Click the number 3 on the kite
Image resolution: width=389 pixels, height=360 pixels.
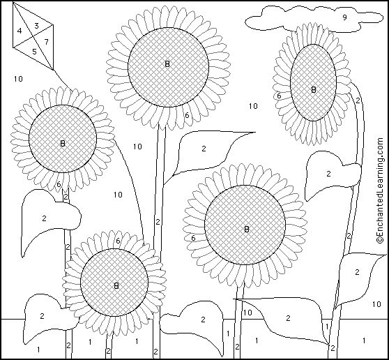click(x=36, y=26)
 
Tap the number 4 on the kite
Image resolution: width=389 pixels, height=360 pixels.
click(x=20, y=31)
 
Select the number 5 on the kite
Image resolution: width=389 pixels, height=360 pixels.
click(x=34, y=52)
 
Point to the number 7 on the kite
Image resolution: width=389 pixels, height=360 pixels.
click(x=47, y=42)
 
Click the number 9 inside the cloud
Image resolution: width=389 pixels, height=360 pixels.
click(x=344, y=17)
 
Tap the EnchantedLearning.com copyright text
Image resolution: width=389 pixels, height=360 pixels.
click(x=380, y=190)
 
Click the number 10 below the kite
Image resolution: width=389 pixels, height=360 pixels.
click(x=18, y=79)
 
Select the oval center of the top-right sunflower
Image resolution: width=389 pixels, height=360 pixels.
click(x=313, y=83)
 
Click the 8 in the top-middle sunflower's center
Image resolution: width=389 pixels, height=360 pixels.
click(x=167, y=64)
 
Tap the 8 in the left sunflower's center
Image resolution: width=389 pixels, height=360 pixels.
click(x=63, y=143)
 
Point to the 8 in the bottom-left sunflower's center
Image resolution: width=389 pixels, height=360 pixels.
click(x=116, y=286)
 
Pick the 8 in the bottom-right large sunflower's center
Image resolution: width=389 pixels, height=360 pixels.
click(x=246, y=229)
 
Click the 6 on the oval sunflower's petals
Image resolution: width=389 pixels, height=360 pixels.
click(x=279, y=96)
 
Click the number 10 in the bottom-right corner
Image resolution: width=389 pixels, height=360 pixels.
click(x=376, y=304)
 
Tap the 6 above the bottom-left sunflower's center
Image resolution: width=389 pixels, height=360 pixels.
click(x=118, y=241)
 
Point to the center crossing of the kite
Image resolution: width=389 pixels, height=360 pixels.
click(x=33, y=36)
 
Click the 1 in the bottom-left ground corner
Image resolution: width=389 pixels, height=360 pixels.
click(x=38, y=350)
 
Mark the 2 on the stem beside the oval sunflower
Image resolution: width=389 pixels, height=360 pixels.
click(x=358, y=100)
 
